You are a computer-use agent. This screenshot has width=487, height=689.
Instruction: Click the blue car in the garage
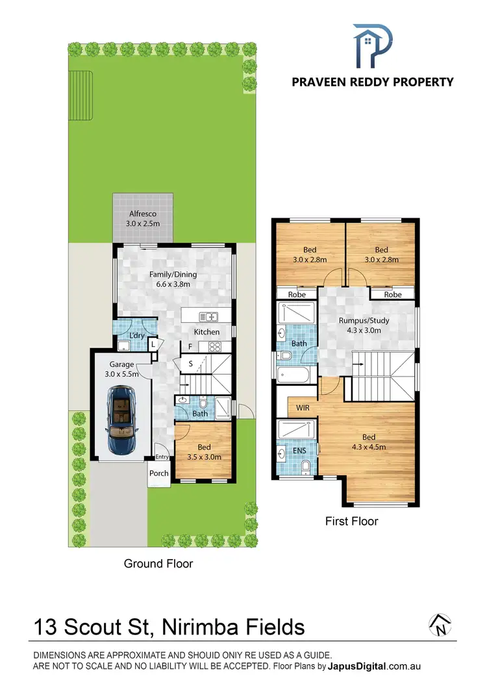[x=121, y=418]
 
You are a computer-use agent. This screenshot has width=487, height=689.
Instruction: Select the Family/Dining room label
[x=173, y=279]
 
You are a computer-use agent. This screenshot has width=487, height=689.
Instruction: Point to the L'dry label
[x=136, y=335]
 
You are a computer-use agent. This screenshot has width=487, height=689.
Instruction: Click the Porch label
[x=159, y=473]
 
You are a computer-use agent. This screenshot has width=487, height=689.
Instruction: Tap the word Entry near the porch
[x=161, y=457]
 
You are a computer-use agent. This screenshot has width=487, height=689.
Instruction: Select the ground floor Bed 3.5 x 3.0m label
[x=204, y=452]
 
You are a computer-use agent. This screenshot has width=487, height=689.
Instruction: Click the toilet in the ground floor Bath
[x=203, y=403]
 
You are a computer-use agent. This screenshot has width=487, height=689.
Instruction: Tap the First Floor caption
[x=351, y=521]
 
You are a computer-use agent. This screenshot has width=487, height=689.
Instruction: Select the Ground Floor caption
[x=158, y=564]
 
